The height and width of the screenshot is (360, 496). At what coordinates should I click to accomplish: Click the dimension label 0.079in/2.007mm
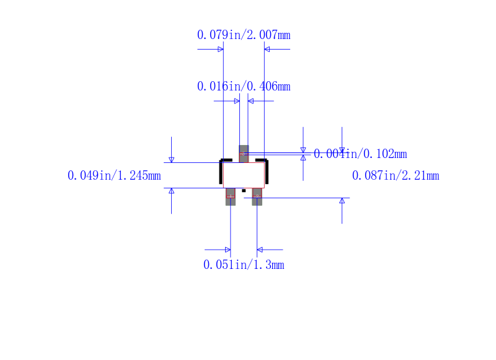pos(244,35)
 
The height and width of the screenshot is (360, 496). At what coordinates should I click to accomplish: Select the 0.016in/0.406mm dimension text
pos(244,86)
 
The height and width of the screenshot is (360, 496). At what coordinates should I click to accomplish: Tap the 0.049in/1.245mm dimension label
pos(114,175)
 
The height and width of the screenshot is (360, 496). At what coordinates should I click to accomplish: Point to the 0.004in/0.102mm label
pos(360,154)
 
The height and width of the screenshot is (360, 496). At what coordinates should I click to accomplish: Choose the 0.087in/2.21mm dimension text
pos(396,175)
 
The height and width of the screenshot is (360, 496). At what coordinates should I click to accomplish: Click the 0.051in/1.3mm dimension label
pos(244,265)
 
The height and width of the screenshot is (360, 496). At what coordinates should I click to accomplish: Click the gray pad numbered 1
pos(231,196)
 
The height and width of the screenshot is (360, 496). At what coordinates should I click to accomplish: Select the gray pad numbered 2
pos(257,196)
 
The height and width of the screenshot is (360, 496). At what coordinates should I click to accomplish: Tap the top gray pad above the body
pos(244,154)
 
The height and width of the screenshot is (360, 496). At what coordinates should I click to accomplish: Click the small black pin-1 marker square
pos(244,191)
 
